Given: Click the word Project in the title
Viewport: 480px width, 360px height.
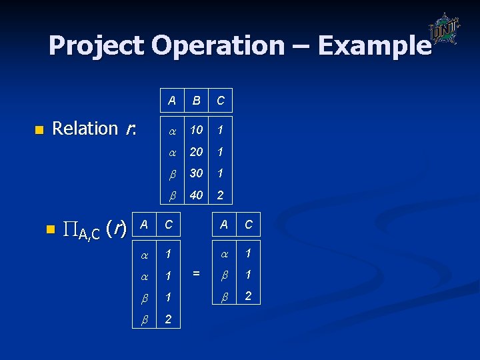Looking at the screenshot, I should click(x=96, y=45).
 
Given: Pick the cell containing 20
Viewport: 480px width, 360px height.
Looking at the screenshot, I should click(x=196, y=151).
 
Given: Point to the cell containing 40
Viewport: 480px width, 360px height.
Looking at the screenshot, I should click(x=196, y=195).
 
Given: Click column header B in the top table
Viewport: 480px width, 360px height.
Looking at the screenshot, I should click(x=196, y=101).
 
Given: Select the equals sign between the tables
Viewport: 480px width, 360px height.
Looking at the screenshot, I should click(x=196, y=273).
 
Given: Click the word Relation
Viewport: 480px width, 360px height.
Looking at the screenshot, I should click(x=85, y=128).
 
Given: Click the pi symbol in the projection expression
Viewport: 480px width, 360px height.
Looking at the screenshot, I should click(x=70, y=230).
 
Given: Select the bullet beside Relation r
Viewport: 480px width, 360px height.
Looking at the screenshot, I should click(x=39, y=129).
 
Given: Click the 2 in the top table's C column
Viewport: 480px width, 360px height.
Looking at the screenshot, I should click(x=220, y=195).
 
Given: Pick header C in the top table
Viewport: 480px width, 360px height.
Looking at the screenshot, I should click(x=220, y=101).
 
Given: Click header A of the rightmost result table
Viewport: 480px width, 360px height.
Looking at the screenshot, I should click(x=224, y=225).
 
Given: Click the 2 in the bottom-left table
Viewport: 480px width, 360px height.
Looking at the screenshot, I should click(x=168, y=319).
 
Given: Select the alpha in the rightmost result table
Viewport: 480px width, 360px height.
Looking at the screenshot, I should click(x=224, y=253).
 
